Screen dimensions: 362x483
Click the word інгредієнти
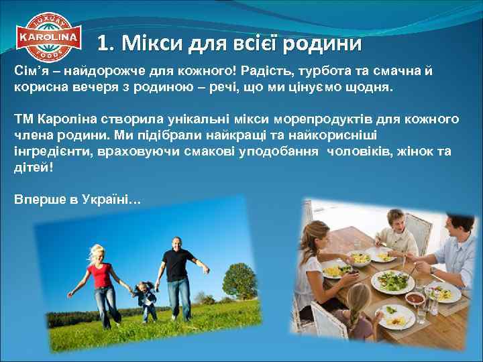click(x=45, y=152)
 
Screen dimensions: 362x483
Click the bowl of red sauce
click(x=414, y=298)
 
